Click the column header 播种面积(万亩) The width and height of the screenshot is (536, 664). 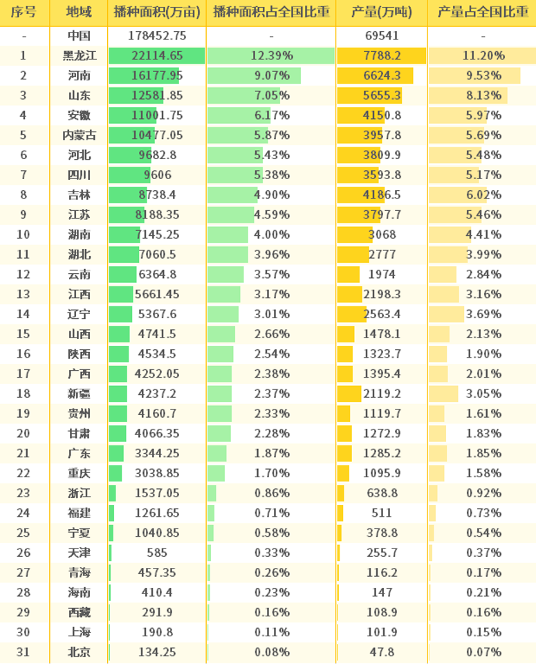157,12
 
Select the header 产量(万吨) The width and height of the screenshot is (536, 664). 381,12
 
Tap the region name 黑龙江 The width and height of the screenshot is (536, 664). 79,56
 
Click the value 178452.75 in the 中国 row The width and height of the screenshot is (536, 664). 157,36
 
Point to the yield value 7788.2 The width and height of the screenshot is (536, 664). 381,56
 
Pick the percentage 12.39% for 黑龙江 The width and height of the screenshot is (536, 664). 271,56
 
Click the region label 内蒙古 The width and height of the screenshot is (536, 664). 79,136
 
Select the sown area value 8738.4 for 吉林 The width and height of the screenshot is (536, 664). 157,195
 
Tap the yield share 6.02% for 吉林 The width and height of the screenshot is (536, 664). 482,195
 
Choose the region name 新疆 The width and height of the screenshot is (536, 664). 79,394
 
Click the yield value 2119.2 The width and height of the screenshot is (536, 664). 381,394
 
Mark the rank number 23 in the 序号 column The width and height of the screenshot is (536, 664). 24,493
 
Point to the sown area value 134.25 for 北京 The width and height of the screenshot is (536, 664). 157,652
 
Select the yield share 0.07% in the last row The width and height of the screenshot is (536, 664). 482,652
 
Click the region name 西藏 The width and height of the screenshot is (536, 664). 79,613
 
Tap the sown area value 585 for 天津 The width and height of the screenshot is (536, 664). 157,553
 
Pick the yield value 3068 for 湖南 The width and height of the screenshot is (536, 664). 381,234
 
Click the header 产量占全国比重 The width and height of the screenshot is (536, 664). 482,12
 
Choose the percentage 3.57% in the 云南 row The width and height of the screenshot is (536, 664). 271,275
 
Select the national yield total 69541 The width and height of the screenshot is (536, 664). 381,36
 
